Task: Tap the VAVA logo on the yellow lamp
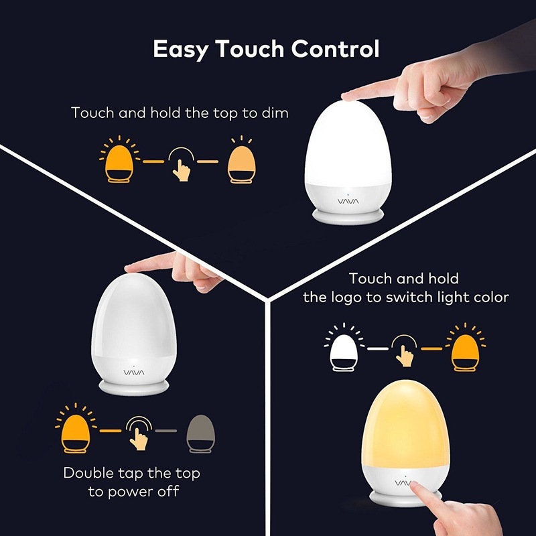(403, 481)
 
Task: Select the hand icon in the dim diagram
(180, 164)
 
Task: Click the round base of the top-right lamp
(346, 214)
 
